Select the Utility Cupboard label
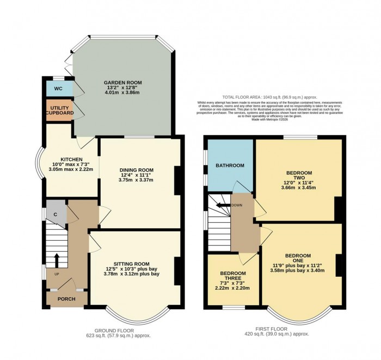click(59, 112)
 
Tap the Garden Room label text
click(122, 83)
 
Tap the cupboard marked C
click(56, 214)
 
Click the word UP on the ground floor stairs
click(56, 274)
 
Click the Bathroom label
click(229, 166)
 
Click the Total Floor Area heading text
click(267, 96)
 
